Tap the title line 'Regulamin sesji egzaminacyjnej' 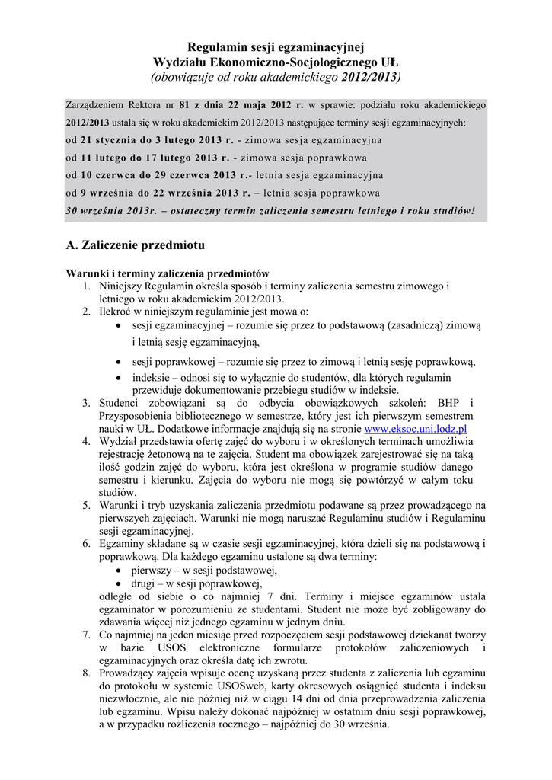[276, 48]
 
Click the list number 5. [87, 505]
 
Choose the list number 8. [87, 673]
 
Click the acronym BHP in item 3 [455, 403]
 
